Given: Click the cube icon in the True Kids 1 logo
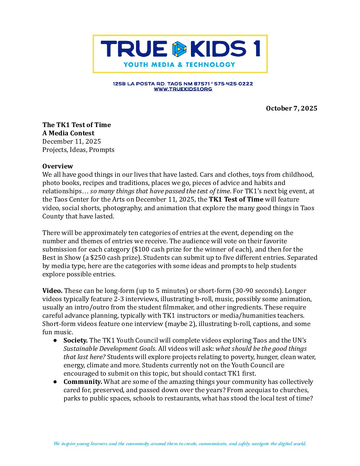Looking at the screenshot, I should pos(179,49).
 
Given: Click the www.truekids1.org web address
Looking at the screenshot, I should pos(183,89).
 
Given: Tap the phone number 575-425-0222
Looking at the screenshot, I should pos(233,84).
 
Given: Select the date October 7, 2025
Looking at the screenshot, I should pos(292,109).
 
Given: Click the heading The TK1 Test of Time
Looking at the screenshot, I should pos(76,125).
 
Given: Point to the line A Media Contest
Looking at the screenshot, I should pos(68,133).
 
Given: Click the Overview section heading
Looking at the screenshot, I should pos(58,166).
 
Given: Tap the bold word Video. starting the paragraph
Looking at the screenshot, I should pos(52,291).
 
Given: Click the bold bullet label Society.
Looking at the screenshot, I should pos(75,340).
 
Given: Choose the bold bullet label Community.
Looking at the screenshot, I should pos(83,382).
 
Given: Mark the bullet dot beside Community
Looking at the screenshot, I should pos(55,382).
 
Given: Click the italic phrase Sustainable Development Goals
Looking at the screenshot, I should pos(110,349).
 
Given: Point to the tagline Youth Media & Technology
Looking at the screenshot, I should pos(179,65).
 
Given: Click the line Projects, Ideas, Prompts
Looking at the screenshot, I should pos(78,150).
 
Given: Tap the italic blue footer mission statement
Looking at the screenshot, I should pos(180,444).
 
